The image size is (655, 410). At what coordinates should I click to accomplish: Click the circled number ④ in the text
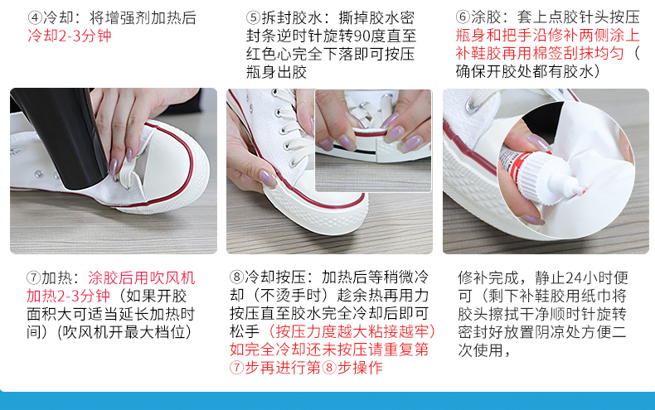point(35,18)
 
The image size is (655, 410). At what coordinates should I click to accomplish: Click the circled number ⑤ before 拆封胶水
point(253,18)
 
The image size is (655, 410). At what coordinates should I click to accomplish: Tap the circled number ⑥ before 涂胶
point(463,17)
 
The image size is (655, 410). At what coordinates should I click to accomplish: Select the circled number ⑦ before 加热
point(34,278)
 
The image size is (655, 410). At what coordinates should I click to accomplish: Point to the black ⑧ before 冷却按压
point(237,277)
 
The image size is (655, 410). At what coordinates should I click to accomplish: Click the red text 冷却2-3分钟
point(70,36)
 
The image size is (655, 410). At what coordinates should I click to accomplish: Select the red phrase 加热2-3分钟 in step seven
point(69,296)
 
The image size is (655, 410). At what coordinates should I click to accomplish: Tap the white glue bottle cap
point(547,176)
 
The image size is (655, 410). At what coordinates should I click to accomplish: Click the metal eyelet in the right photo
point(472,108)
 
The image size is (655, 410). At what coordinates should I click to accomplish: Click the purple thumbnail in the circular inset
point(538,142)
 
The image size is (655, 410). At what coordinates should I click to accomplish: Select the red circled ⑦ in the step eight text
point(237,368)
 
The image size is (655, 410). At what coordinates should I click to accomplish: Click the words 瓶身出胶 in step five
point(277,72)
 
